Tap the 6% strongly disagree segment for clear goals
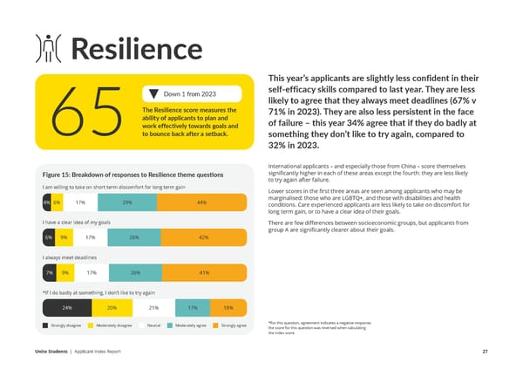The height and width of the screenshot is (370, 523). click(x=47, y=237)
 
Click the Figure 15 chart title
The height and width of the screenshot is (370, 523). click(x=132, y=175)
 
